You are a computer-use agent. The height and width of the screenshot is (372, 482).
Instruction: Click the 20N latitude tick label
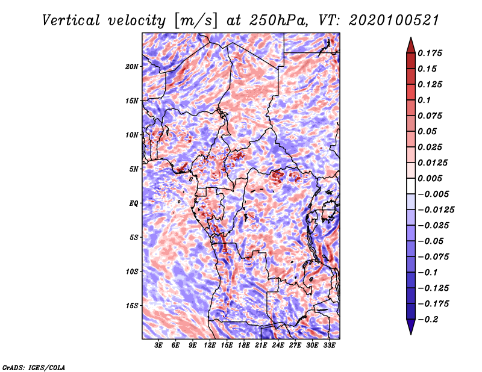pyautogui.click(x=132, y=67)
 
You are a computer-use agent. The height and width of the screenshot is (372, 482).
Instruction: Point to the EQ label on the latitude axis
pyautogui.click(x=134, y=203)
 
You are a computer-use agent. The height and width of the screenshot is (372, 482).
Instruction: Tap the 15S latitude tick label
pyautogui.click(x=132, y=306)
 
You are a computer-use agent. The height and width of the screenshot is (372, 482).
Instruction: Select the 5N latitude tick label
pyautogui.click(x=134, y=169)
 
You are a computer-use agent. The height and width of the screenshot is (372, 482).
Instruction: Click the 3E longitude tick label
pyautogui.click(x=158, y=346)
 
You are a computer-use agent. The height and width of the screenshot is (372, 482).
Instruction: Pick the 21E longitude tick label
pyautogui.click(x=261, y=346)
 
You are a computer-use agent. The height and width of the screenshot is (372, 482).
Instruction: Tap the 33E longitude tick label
pyautogui.click(x=329, y=346)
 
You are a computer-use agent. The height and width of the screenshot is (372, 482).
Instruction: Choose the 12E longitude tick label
pyautogui.click(x=210, y=346)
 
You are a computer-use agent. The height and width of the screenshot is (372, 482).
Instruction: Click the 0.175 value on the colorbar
pyautogui.click(x=430, y=53)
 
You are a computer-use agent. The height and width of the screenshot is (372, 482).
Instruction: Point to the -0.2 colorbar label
pyautogui.click(x=428, y=320)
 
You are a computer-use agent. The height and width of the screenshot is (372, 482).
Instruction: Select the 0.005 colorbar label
pyautogui.click(x=430, y=178)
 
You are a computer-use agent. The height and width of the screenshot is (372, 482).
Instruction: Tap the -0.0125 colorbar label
pyautogui.click(x=436, y=210)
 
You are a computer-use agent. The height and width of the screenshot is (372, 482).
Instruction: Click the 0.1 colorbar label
pyautogui.click(x=424, y=100)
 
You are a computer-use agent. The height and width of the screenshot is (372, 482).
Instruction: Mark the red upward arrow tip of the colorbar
pyautogui.click(x=411, y=37)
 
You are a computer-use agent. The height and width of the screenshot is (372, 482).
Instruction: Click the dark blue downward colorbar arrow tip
pyautogui.click(x=411, y=334)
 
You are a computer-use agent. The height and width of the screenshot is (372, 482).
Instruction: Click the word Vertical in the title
pyautogui.click(x=71, y=20)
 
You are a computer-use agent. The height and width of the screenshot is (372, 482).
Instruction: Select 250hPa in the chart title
pyautogui.click(x=278, y=20)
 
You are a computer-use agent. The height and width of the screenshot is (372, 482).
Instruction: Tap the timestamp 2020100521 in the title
pyautogui.click(x=393, y=20)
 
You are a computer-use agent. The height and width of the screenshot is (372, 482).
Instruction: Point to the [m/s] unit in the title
pyautogui.click(x=195, y=21)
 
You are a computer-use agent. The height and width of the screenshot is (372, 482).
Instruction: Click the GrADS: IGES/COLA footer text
pyautogui.click(x=34, y=367)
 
